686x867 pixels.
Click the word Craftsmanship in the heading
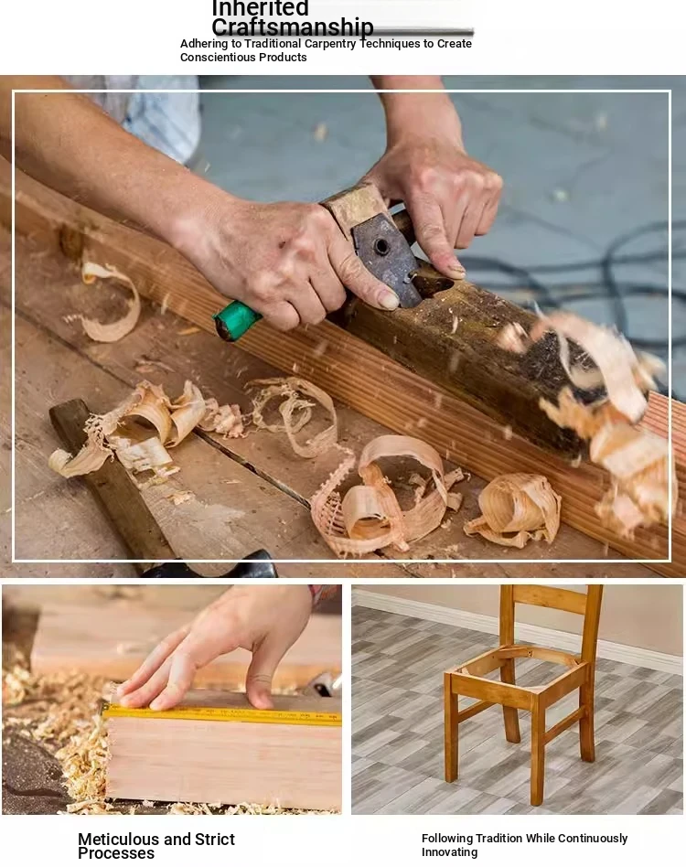tap(293, 27)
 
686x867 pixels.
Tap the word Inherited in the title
tap(261, 7)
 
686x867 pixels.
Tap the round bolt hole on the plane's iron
tap(381, 247)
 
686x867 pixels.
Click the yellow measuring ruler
tap(222, 714)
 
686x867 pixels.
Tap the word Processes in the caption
tap(116, 853)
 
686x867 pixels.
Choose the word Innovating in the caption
tap(449, 852)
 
